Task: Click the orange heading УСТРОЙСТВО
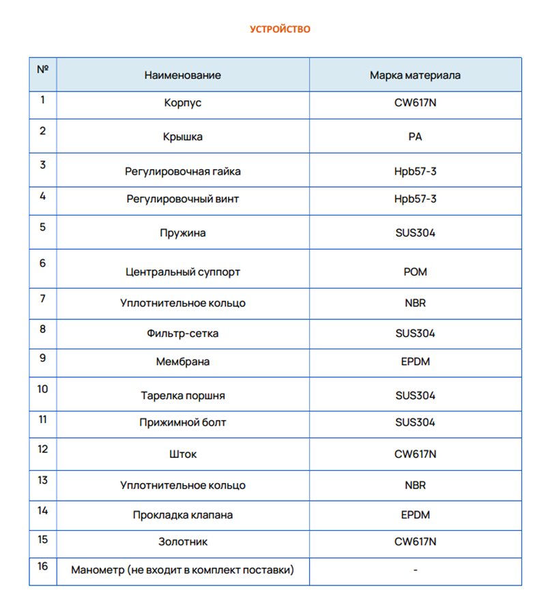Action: pyautogui.click(x=280, y=29)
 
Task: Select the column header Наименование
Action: pyautogui.click(x=182, y=75)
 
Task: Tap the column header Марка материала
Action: pyautogui.click(x=415, y=75)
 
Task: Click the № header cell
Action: pyautogui.click(x=42, y=69)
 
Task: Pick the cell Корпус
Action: pyautogui.click(x=182, y=104)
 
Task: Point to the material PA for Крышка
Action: pyautogui.click(x=415, y=136)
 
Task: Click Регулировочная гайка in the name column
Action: pyautogui.click(x=182, y=171)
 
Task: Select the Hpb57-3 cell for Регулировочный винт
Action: pyautogui.click(x=415, y=199)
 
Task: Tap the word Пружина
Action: pyautogui.click(x=182, y=233)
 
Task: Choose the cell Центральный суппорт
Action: pyautogui.click(x=182, y=272)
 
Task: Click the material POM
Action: pyautogui.click(x=415, y=272)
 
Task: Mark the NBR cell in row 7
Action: pyautogui.click(x=415, y=303)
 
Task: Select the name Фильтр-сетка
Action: pyautogui.click(x=182, y=334)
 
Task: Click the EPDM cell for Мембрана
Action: pyautogui.click(x=415, y=362)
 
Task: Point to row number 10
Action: pyautogui.click(x=42, y=389)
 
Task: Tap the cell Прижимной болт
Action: pyautogui.click(x=182, y=423)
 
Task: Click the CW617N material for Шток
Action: pyautogui.click(x=415, y=454)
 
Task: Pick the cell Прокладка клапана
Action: pyautogui.click(x=182, y=515)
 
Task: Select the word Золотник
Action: pyautogui.click(x=182, y=542)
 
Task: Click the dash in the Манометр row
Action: pyautogui.click(x=415, y=570)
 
